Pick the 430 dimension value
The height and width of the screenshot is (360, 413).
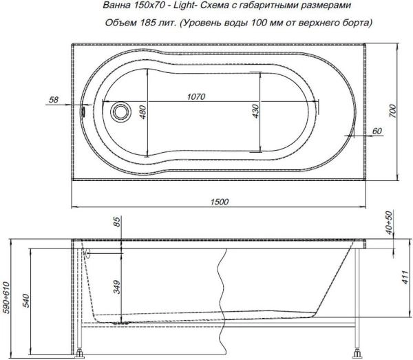pos(254,112)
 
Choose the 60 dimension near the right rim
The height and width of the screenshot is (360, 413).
pos(377,131)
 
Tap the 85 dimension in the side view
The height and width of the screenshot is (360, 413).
pos(116,222)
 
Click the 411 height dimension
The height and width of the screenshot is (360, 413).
pos(394,277)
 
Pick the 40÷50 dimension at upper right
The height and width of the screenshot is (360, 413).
pos(390,222)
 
